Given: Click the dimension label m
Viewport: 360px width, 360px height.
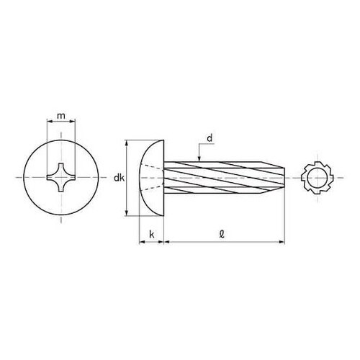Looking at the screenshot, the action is (x=61, y=116).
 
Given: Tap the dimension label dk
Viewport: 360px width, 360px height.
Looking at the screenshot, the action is (x=119, y=178).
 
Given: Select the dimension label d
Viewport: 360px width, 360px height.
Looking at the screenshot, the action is (x=210, y=138).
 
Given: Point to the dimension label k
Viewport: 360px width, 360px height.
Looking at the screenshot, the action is (x=152, y=234).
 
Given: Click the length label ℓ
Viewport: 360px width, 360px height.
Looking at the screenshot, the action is (x=222, y=234).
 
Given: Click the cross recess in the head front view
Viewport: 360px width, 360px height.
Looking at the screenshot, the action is (x=61, y=178).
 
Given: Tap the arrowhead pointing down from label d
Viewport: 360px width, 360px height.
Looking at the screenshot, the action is (x=199, y=158).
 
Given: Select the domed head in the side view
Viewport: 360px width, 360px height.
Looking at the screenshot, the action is (x=152, y=178).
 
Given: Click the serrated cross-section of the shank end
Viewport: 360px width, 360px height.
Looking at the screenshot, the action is (x=318, y=178).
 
